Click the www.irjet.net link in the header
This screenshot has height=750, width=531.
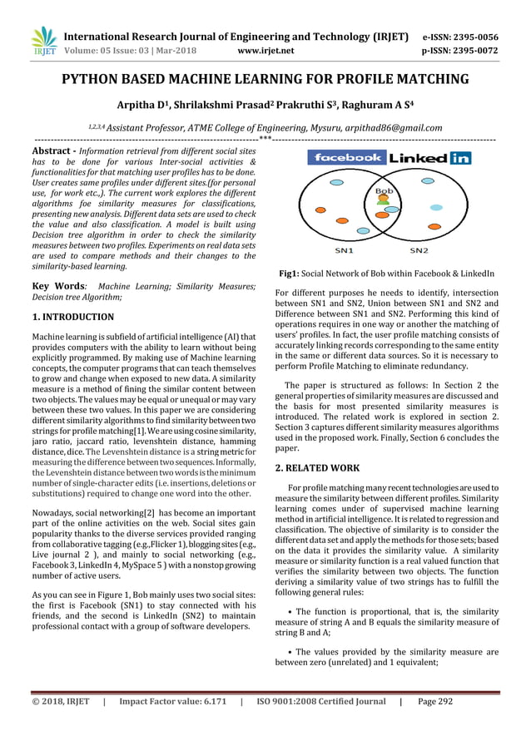[265, 50]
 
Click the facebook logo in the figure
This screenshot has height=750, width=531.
[345, 157]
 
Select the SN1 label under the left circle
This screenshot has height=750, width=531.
[344, 249]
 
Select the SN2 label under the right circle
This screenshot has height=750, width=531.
[419, 249]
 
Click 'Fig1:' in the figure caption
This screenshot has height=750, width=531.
[291, 273]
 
